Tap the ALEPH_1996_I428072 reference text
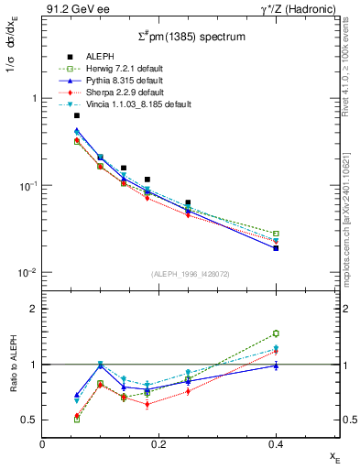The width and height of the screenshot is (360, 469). (191, 274)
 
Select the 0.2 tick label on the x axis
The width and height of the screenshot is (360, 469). (158, 444)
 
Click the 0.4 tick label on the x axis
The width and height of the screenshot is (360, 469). (275, 444)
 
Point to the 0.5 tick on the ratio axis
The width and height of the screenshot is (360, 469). (30, 420)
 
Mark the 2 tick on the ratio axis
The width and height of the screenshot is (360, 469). (34, 309)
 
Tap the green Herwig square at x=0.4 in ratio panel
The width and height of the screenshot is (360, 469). (275, 333)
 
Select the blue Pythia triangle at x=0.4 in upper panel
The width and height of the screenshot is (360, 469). (275, 248)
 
